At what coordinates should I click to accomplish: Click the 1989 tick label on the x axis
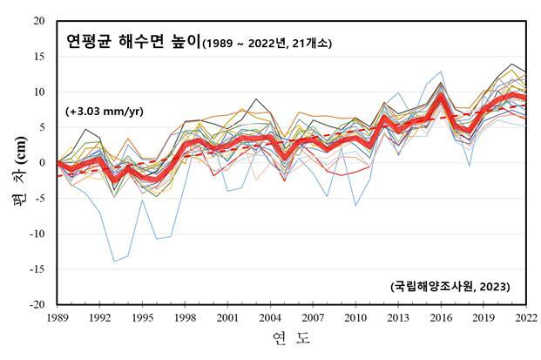pos(57,316)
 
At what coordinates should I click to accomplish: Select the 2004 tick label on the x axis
pos(270,316)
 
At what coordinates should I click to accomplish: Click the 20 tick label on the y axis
pos(39,21)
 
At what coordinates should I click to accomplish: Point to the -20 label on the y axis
pos(37,305)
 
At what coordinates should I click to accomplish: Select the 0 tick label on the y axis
pos(43,163)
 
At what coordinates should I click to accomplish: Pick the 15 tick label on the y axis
pos(39,57)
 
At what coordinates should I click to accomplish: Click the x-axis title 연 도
pos(291,338)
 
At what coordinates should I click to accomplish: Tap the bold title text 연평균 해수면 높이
pos(133,40)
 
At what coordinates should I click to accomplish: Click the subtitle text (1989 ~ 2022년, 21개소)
pos(267,42)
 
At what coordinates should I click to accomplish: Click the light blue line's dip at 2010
pos(355,206)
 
